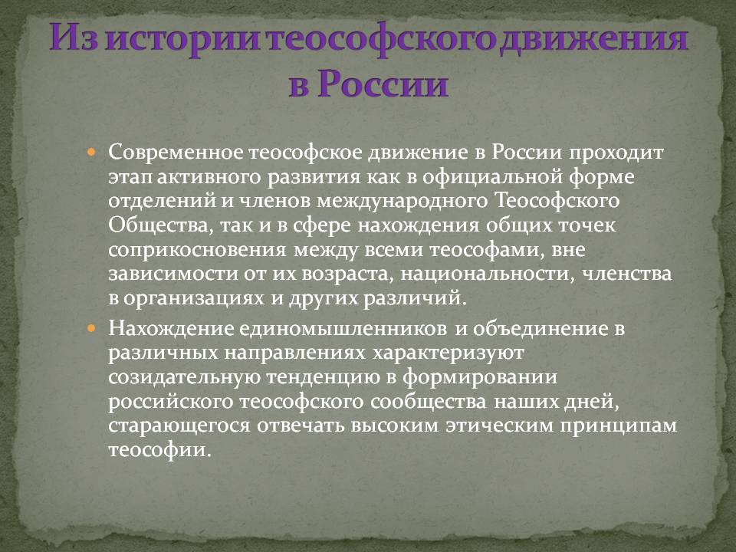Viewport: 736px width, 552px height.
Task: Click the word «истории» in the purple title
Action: coord(183,38)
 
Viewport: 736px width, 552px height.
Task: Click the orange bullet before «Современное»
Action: coord(91,153)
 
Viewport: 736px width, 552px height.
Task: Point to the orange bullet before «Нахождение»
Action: coord(91,328)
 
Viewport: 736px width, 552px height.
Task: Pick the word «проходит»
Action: coord(616,153)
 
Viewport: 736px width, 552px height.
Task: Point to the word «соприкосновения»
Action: coord(197,250)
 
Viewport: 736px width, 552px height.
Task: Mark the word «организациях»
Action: coord(194,298)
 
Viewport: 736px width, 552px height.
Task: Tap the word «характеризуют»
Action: coord(448,353)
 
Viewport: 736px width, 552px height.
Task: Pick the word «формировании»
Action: coord(479,378)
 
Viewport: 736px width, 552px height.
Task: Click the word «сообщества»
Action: coord(428,402)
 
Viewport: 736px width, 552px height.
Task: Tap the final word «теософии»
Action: coord(157,451)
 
